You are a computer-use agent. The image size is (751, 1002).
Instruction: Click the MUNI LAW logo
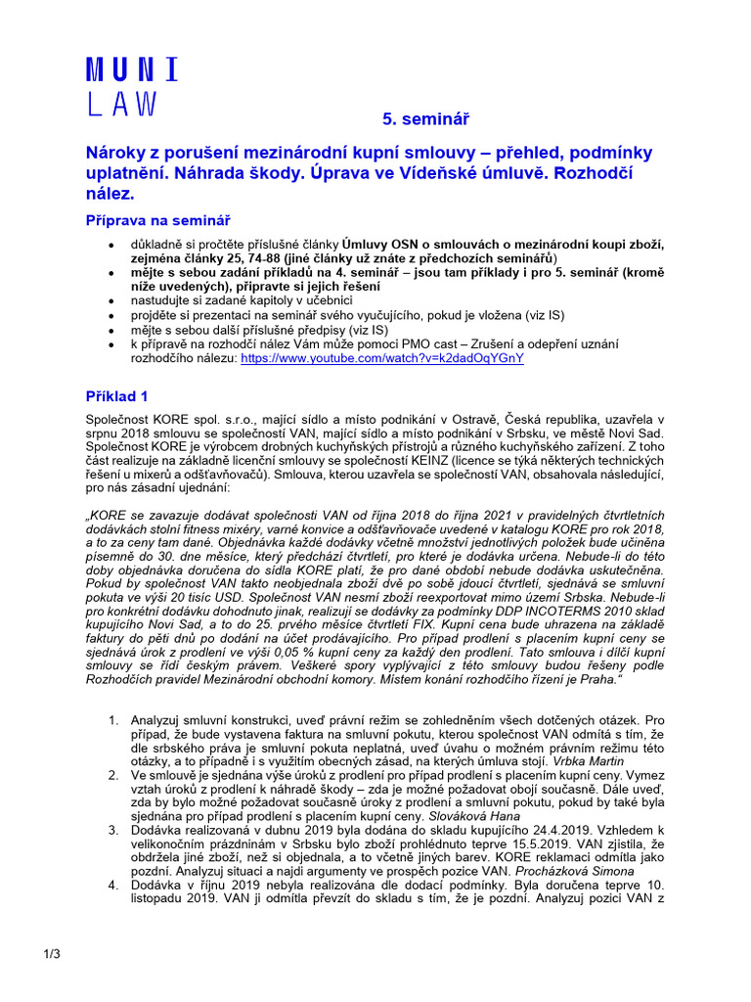(x=131, y=88)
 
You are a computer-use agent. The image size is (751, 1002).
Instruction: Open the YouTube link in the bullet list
(x=381, y=358)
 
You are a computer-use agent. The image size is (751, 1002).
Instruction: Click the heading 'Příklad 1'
(x=115, y=396)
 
